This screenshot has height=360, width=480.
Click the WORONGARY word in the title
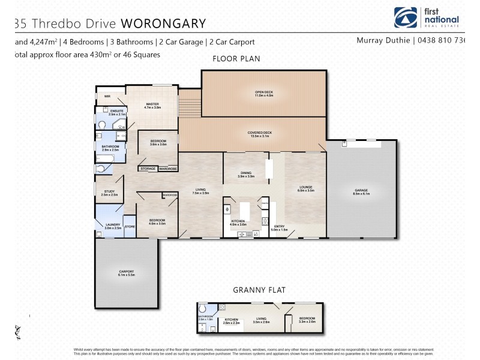click(163, 23)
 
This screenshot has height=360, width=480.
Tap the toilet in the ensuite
click(103, 125)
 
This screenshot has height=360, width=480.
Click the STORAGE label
click(148, 169)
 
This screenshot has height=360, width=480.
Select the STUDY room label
click(109, 192)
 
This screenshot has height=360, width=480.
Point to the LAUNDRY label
click(113, 226)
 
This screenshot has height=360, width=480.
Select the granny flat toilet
click(202, 310)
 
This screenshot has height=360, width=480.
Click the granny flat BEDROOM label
click(306, 319)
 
